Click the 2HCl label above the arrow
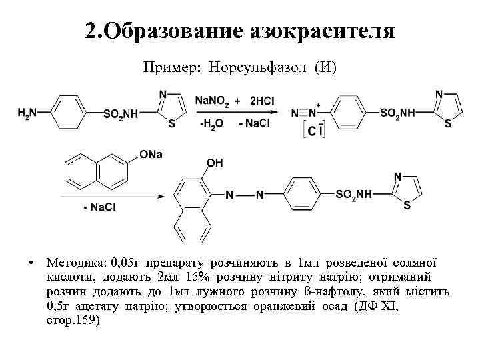[261, 101]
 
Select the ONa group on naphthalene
[151, 155]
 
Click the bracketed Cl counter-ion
[313, 131]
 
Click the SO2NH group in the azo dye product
[353, 195]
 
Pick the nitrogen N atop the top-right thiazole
[439, 95]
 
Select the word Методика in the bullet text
[67, 261]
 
